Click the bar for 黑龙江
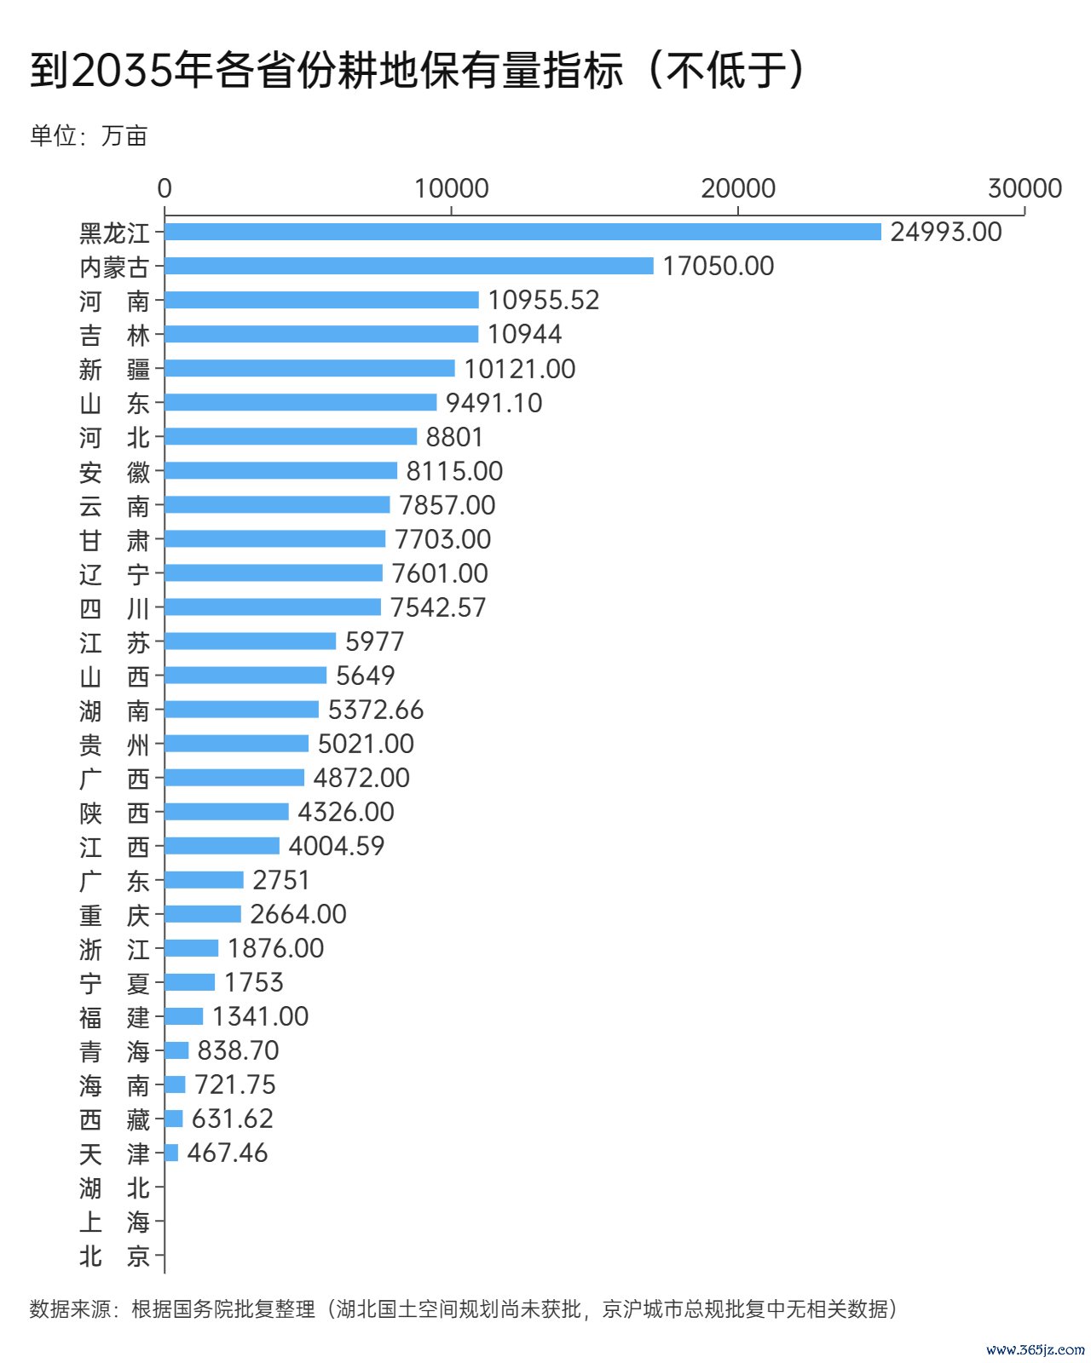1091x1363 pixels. click(522, 232)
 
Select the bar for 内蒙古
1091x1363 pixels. click(409, 266)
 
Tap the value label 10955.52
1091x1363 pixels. click(544, 300)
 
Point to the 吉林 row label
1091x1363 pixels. click(114, 335)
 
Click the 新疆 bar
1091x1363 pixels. click(309, 368)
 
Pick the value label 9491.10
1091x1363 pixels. click(494, 403)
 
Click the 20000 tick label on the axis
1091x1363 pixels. click(738, 188)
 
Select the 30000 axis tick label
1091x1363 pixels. click(1025, 188)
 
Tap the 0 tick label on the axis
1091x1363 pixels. click(165, 188)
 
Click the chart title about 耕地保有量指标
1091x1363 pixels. click(418, 70)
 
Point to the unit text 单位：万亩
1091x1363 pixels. click(89, 135)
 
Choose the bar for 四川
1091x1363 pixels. click(273, 607)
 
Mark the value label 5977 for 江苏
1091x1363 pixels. click(375, 641)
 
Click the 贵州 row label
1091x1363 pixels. click(114, 745)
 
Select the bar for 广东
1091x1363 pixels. click(205, 879)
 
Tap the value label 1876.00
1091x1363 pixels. click(275, 948)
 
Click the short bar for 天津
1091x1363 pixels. click(171, 1153)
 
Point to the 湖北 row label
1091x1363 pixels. click(114, 1188)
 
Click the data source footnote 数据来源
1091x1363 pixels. click(464, 1308)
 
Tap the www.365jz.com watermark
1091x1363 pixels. click(1035, 1349)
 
